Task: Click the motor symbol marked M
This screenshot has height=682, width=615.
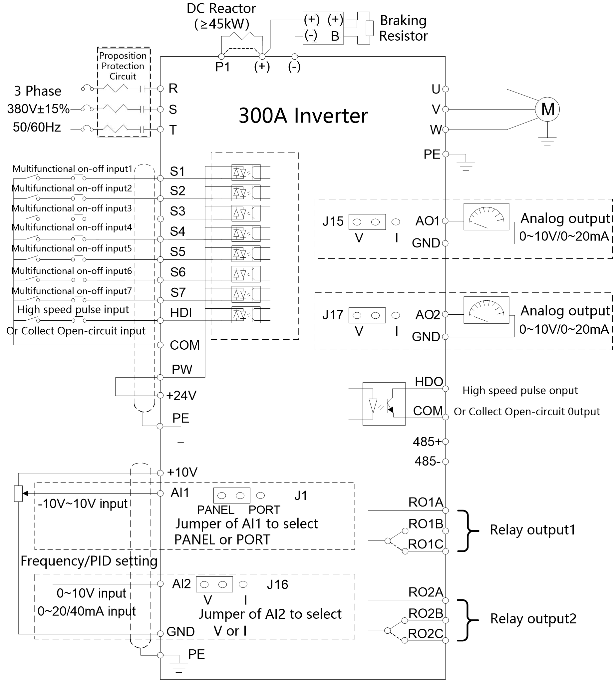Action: [x=547, y=109]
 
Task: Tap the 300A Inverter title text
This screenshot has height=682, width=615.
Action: [x=303, y=116]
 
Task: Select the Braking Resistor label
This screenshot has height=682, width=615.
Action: [x=403, y=28]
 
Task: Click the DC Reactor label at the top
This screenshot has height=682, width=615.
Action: [x=221, y=16]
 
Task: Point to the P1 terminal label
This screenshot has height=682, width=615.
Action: [x=223, y=67]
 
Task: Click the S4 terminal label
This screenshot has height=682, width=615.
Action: [x=177, y=231]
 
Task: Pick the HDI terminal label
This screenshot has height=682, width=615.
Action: [x=181, y=313]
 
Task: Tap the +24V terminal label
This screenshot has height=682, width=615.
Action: [x=181, y=395]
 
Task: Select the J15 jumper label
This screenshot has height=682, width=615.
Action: [x=333, y=221]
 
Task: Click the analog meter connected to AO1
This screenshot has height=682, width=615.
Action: [x=486, y=217]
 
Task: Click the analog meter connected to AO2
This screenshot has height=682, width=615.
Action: [x=486, y=310]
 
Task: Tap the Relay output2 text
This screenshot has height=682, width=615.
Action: [x=533, y=618]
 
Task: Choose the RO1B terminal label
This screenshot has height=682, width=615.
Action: [x=426, y=524]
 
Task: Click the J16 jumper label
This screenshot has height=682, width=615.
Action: [x=277, y=585]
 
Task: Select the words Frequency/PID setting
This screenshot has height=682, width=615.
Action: [x=89, y=561]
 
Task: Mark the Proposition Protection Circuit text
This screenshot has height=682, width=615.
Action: [x=123, y=66]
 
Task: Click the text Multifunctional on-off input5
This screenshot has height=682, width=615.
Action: [x=72, y=248]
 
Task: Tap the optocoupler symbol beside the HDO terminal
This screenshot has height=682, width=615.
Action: [x=384, y=404]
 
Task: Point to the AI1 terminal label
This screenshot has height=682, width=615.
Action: [x=180, y=493]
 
